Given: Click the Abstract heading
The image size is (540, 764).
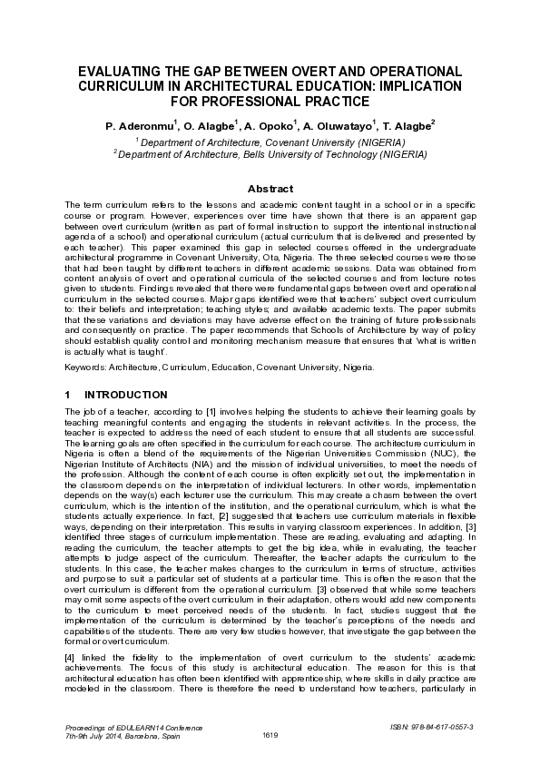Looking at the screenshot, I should [270, 188].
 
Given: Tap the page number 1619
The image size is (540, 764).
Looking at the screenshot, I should [270, 734].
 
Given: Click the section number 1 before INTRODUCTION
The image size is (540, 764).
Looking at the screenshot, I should [70, 395].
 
